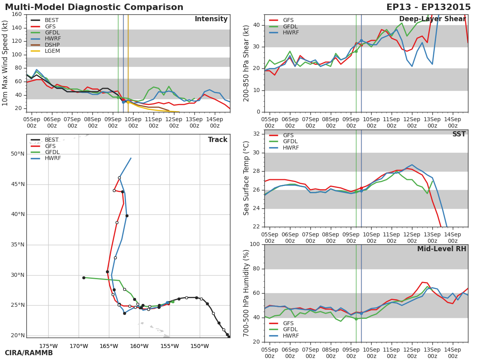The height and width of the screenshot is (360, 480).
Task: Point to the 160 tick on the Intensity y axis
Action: (17, 14)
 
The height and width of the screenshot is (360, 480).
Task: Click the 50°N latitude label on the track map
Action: (18, 154)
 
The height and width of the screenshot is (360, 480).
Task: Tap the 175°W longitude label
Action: (48, 346)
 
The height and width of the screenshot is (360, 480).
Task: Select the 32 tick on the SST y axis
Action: (256, 134)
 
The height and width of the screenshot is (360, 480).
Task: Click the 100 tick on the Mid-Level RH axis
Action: (255, 244)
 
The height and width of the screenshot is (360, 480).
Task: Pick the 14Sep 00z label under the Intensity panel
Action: (215, 122)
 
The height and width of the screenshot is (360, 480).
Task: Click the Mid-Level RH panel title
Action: (442, 249)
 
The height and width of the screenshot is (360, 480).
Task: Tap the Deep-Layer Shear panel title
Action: (432, 19)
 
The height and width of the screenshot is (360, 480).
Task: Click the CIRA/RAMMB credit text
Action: (29, 353)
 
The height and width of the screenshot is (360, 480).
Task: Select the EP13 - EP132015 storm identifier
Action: (428, 7)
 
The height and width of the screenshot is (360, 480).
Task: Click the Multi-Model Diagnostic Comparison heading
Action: (94, 7)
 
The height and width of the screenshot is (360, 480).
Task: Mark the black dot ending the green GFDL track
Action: (84, 278)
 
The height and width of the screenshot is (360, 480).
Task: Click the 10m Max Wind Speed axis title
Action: (5, 63)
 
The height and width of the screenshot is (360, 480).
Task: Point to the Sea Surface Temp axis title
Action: (246, 178)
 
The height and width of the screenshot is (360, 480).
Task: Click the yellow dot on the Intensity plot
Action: (128, 102)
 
